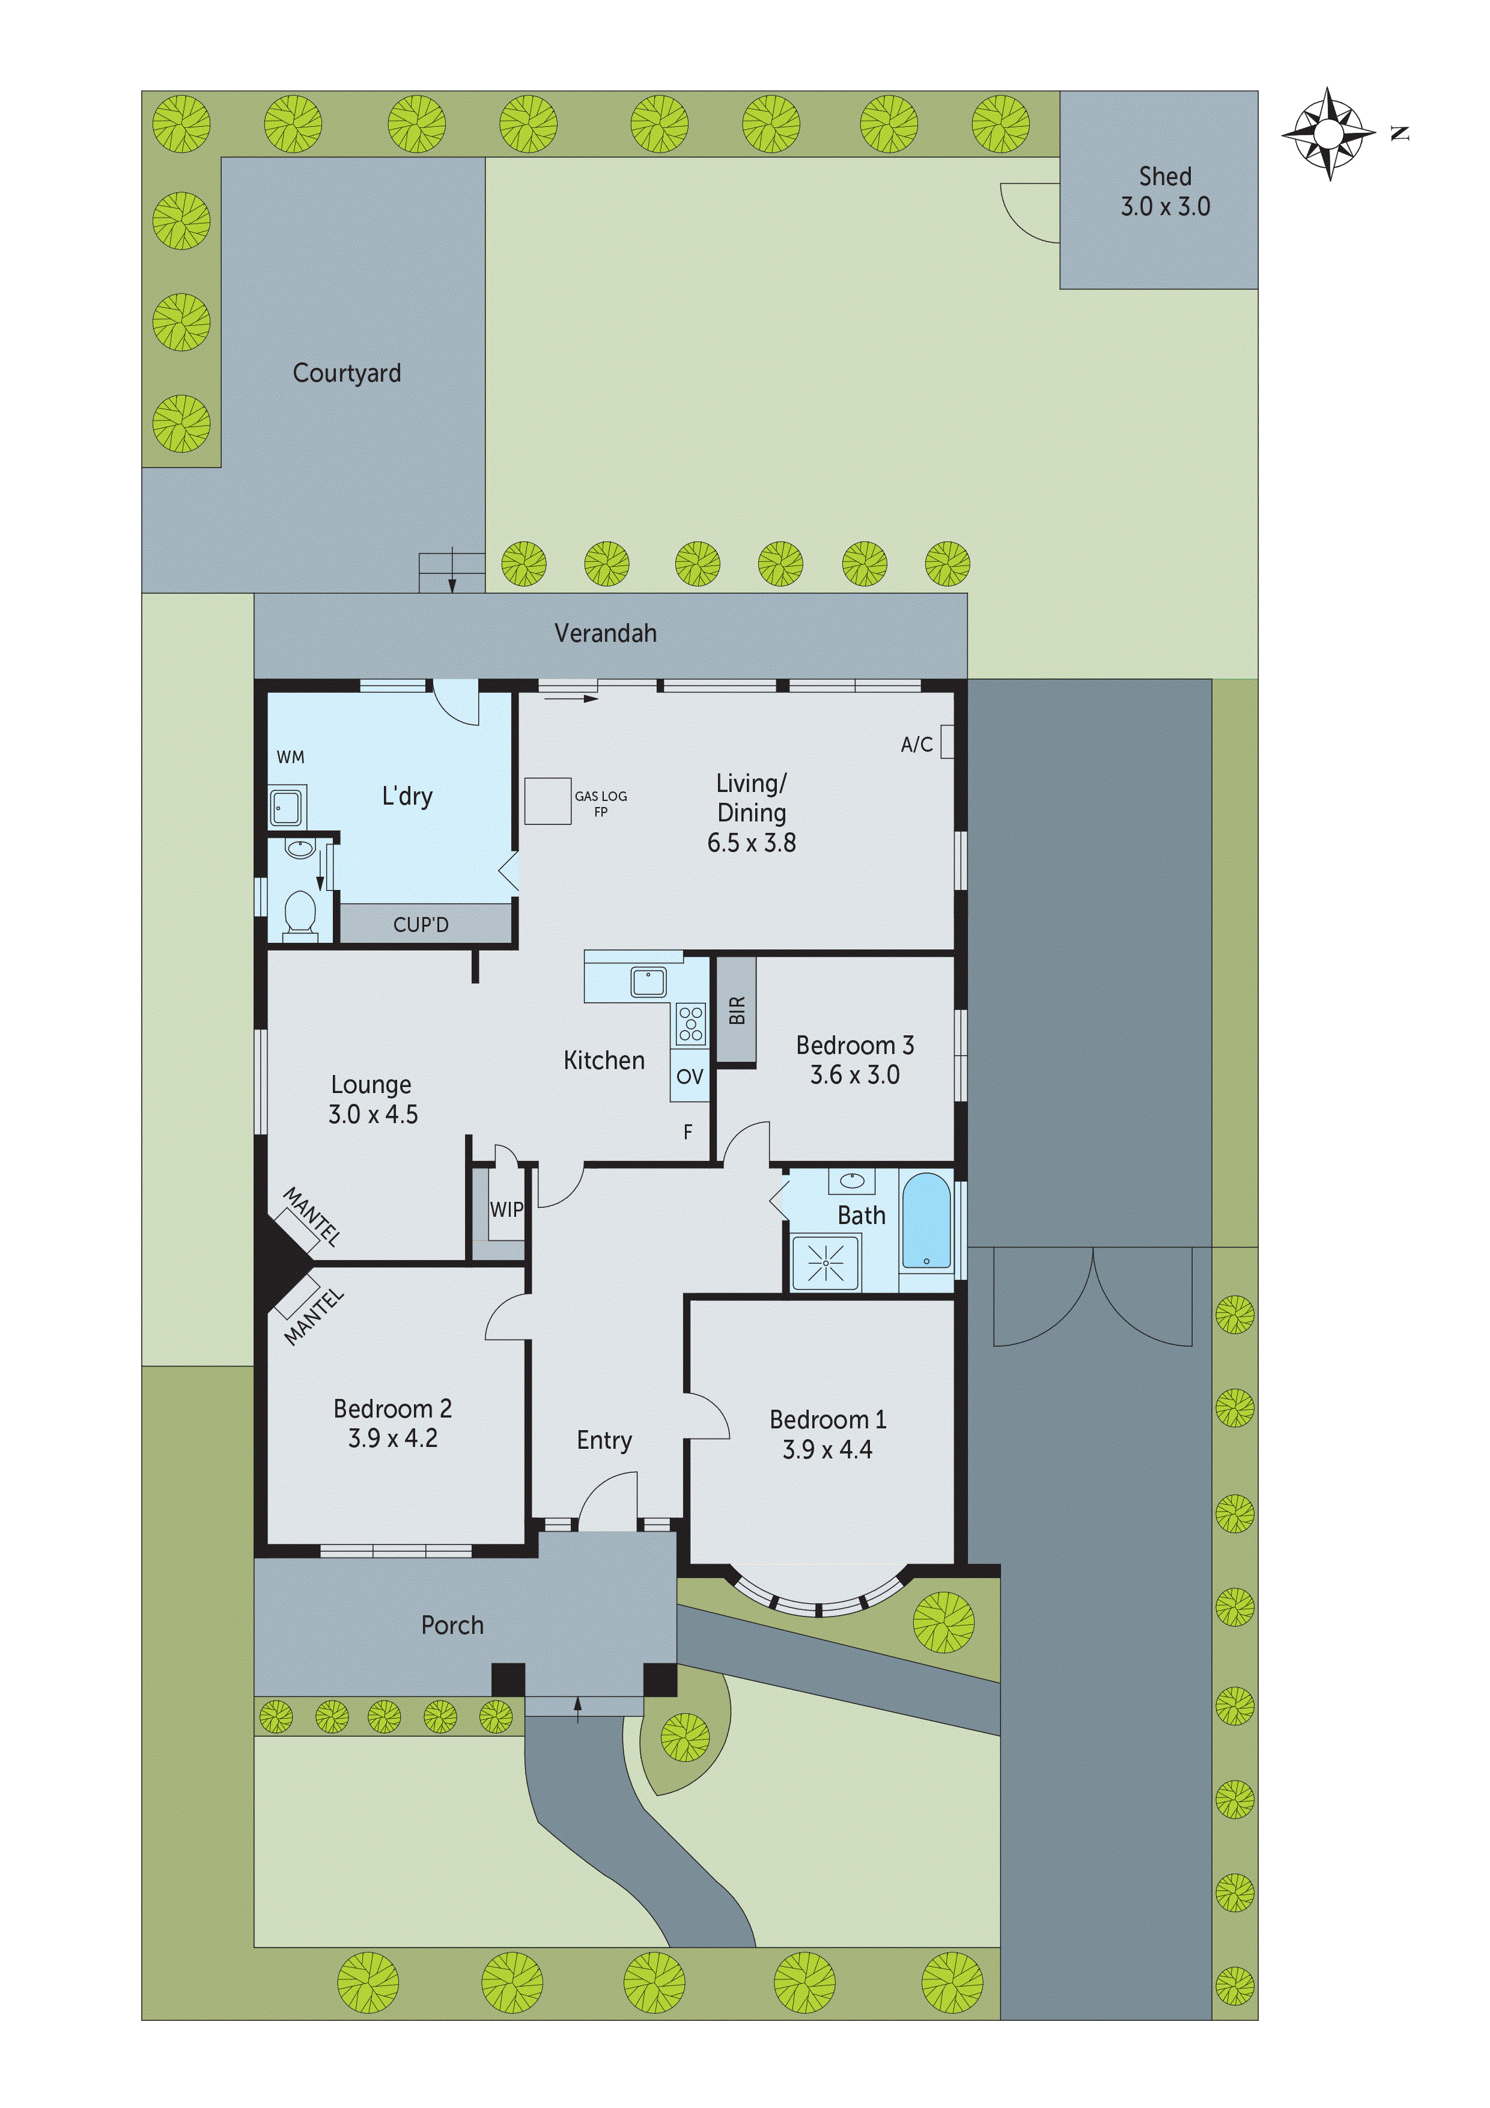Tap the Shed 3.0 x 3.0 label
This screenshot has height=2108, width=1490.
tap(1165, 191)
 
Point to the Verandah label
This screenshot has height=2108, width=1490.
tap(605, 633)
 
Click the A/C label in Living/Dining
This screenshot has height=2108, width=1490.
tap(916, 745)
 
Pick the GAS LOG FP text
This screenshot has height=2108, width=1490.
tap(600, 803)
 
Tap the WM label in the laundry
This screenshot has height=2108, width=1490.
tap(290, 757)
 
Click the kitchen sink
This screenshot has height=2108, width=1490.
tap(648, 981)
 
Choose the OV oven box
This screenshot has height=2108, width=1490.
tap(690, 1076)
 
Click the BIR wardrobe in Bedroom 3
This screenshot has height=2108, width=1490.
tap(736, 1010)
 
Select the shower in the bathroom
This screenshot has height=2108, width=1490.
tap(826, 1263)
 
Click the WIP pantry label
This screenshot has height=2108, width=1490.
tap(506, 1209)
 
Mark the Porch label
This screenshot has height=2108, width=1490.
tap(452, 1625)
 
